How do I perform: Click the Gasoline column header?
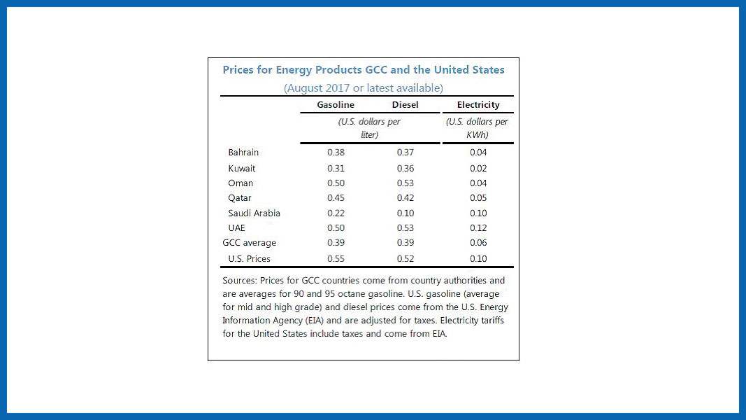(336, 105)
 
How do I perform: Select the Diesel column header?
(406, 105)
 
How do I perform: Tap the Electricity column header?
(478, 105)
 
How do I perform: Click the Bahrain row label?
(243, 153)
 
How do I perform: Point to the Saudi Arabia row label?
(254, 213)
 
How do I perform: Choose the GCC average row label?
(249, 243)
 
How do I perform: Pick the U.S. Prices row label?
(249, 259)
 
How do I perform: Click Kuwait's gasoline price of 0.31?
(336, 169)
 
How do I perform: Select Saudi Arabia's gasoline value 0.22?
(336, 213)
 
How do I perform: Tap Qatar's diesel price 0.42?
(406, 198)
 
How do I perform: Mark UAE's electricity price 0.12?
(478, 228)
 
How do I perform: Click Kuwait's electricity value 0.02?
(478, 169)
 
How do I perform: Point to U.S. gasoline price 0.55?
(336, 259)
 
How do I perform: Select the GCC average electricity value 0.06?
(478, 243)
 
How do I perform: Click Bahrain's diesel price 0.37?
(406, 153)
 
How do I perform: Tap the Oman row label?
(241, 183)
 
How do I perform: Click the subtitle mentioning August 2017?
(363, 88)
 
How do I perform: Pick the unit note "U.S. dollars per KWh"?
(477, 128)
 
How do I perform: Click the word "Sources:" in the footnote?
(240, 281)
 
